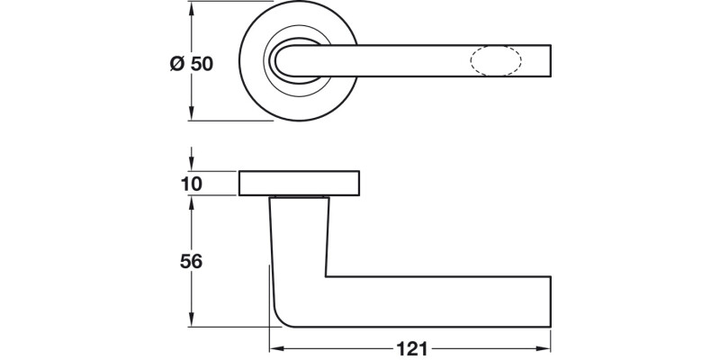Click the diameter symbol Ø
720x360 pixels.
coord(177,65)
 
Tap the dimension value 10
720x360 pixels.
coord(190,184)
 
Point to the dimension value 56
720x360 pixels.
coord(190,262)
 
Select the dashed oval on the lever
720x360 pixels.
coord(494,61)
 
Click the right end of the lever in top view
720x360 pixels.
coord(548,61)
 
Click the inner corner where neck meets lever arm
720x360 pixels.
coord(326,275)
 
